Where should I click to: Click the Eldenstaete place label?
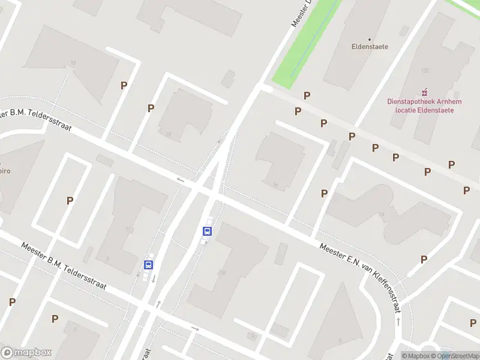[x=370, y=46]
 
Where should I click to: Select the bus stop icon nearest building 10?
[x=208, y=231]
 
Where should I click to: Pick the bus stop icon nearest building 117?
[x=148, y=265]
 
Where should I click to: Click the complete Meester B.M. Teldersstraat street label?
[x=64, y=266]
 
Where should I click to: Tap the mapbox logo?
[x=26, y=353]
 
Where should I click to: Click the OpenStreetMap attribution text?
[x=455, y=356]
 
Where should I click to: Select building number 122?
[x=425, y=70]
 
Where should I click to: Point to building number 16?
[x=275, y=184]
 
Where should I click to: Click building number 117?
[x=130, y=229]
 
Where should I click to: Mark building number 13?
[x=73, y=63]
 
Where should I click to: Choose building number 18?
[x=169, y=134]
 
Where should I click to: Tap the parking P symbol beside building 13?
[x=124, y=86]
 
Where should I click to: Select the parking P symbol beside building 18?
[x=151, y=108]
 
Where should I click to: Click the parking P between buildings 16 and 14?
[x=324, y=193]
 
